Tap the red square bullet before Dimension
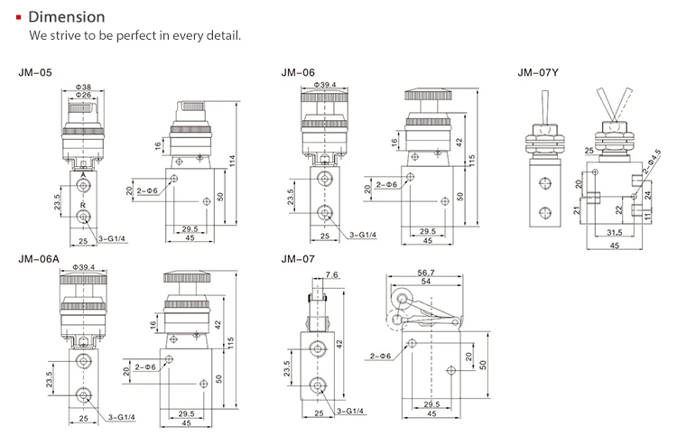(19, 17)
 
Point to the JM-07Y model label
(535, 71)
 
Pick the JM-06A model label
(38, 259)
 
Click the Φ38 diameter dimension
(83, 88)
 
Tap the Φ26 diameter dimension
(83, 96)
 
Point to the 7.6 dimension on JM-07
(331, 275)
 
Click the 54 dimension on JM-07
(424, 282)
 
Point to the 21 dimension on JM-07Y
(576, 210)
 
